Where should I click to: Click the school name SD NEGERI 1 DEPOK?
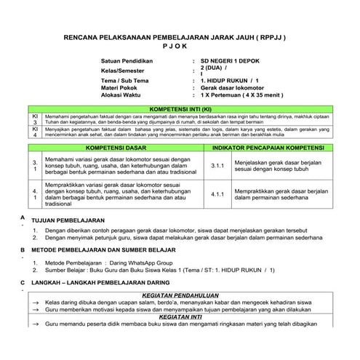click(x=231, y=63)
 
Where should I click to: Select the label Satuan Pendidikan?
click(x=132, y=63)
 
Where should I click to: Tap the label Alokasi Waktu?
click(x=124, y=95)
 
